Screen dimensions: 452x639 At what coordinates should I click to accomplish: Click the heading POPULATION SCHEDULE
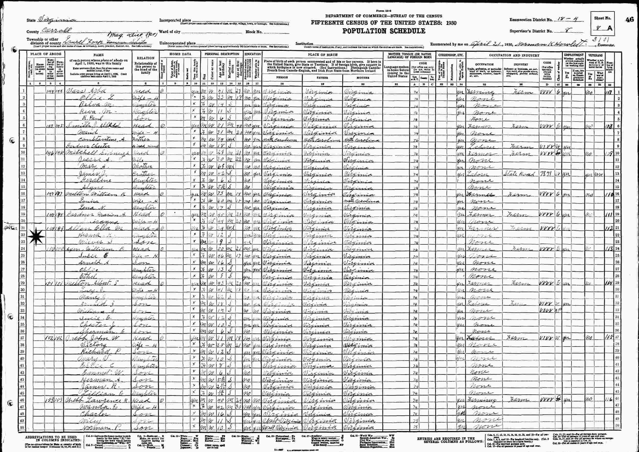click(x=384, y=31)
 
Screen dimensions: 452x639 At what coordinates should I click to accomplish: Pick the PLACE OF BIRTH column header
click(x=323, y=55)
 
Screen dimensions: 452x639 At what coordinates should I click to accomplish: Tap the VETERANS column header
click(x=595, y=55)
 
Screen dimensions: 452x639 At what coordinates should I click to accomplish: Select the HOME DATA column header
click(x=180, y=54)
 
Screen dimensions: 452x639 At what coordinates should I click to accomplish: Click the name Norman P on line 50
click(x=96, y=427)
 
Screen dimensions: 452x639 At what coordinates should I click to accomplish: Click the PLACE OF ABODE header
click(x=45, y=54)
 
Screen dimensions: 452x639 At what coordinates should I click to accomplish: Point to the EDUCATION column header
click(x=252, y=54)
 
